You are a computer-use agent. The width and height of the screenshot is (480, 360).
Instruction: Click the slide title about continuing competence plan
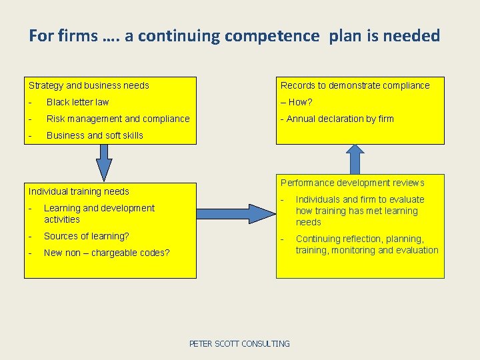tap(234, 36)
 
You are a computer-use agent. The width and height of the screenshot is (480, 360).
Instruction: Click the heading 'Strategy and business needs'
tap(89, 85)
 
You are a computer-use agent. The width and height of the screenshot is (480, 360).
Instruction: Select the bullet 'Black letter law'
tap(77, 102)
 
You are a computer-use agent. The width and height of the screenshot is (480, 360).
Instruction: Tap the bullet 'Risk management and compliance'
tap(118, 119)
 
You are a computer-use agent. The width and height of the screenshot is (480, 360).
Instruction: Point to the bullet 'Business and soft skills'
tap(95, 135)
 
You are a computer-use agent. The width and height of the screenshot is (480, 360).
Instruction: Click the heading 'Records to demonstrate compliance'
tap(355, 85)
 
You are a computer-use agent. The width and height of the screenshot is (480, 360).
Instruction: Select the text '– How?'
tap(297, 102)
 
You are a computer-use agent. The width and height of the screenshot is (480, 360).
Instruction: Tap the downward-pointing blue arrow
tap(104, 162)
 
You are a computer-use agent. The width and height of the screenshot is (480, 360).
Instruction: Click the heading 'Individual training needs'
tap(79, 191)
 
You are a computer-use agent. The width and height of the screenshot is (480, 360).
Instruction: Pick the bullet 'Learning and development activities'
tap(99, 213)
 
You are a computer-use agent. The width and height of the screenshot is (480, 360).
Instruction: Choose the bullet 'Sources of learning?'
tap(87, 236)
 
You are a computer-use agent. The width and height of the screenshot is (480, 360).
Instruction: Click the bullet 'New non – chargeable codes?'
tap(107, 253)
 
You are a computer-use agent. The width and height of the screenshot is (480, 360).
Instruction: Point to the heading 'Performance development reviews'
tap(352, 183)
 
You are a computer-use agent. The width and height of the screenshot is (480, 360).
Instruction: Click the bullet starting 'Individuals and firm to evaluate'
tap(360, 211)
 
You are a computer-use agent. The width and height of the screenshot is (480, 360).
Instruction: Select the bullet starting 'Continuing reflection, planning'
tap(367, 245)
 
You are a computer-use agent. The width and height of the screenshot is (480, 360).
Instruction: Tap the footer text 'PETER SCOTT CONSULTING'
tap(239, 344)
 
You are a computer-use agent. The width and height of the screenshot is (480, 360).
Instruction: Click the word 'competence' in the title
tap(272, 36)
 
